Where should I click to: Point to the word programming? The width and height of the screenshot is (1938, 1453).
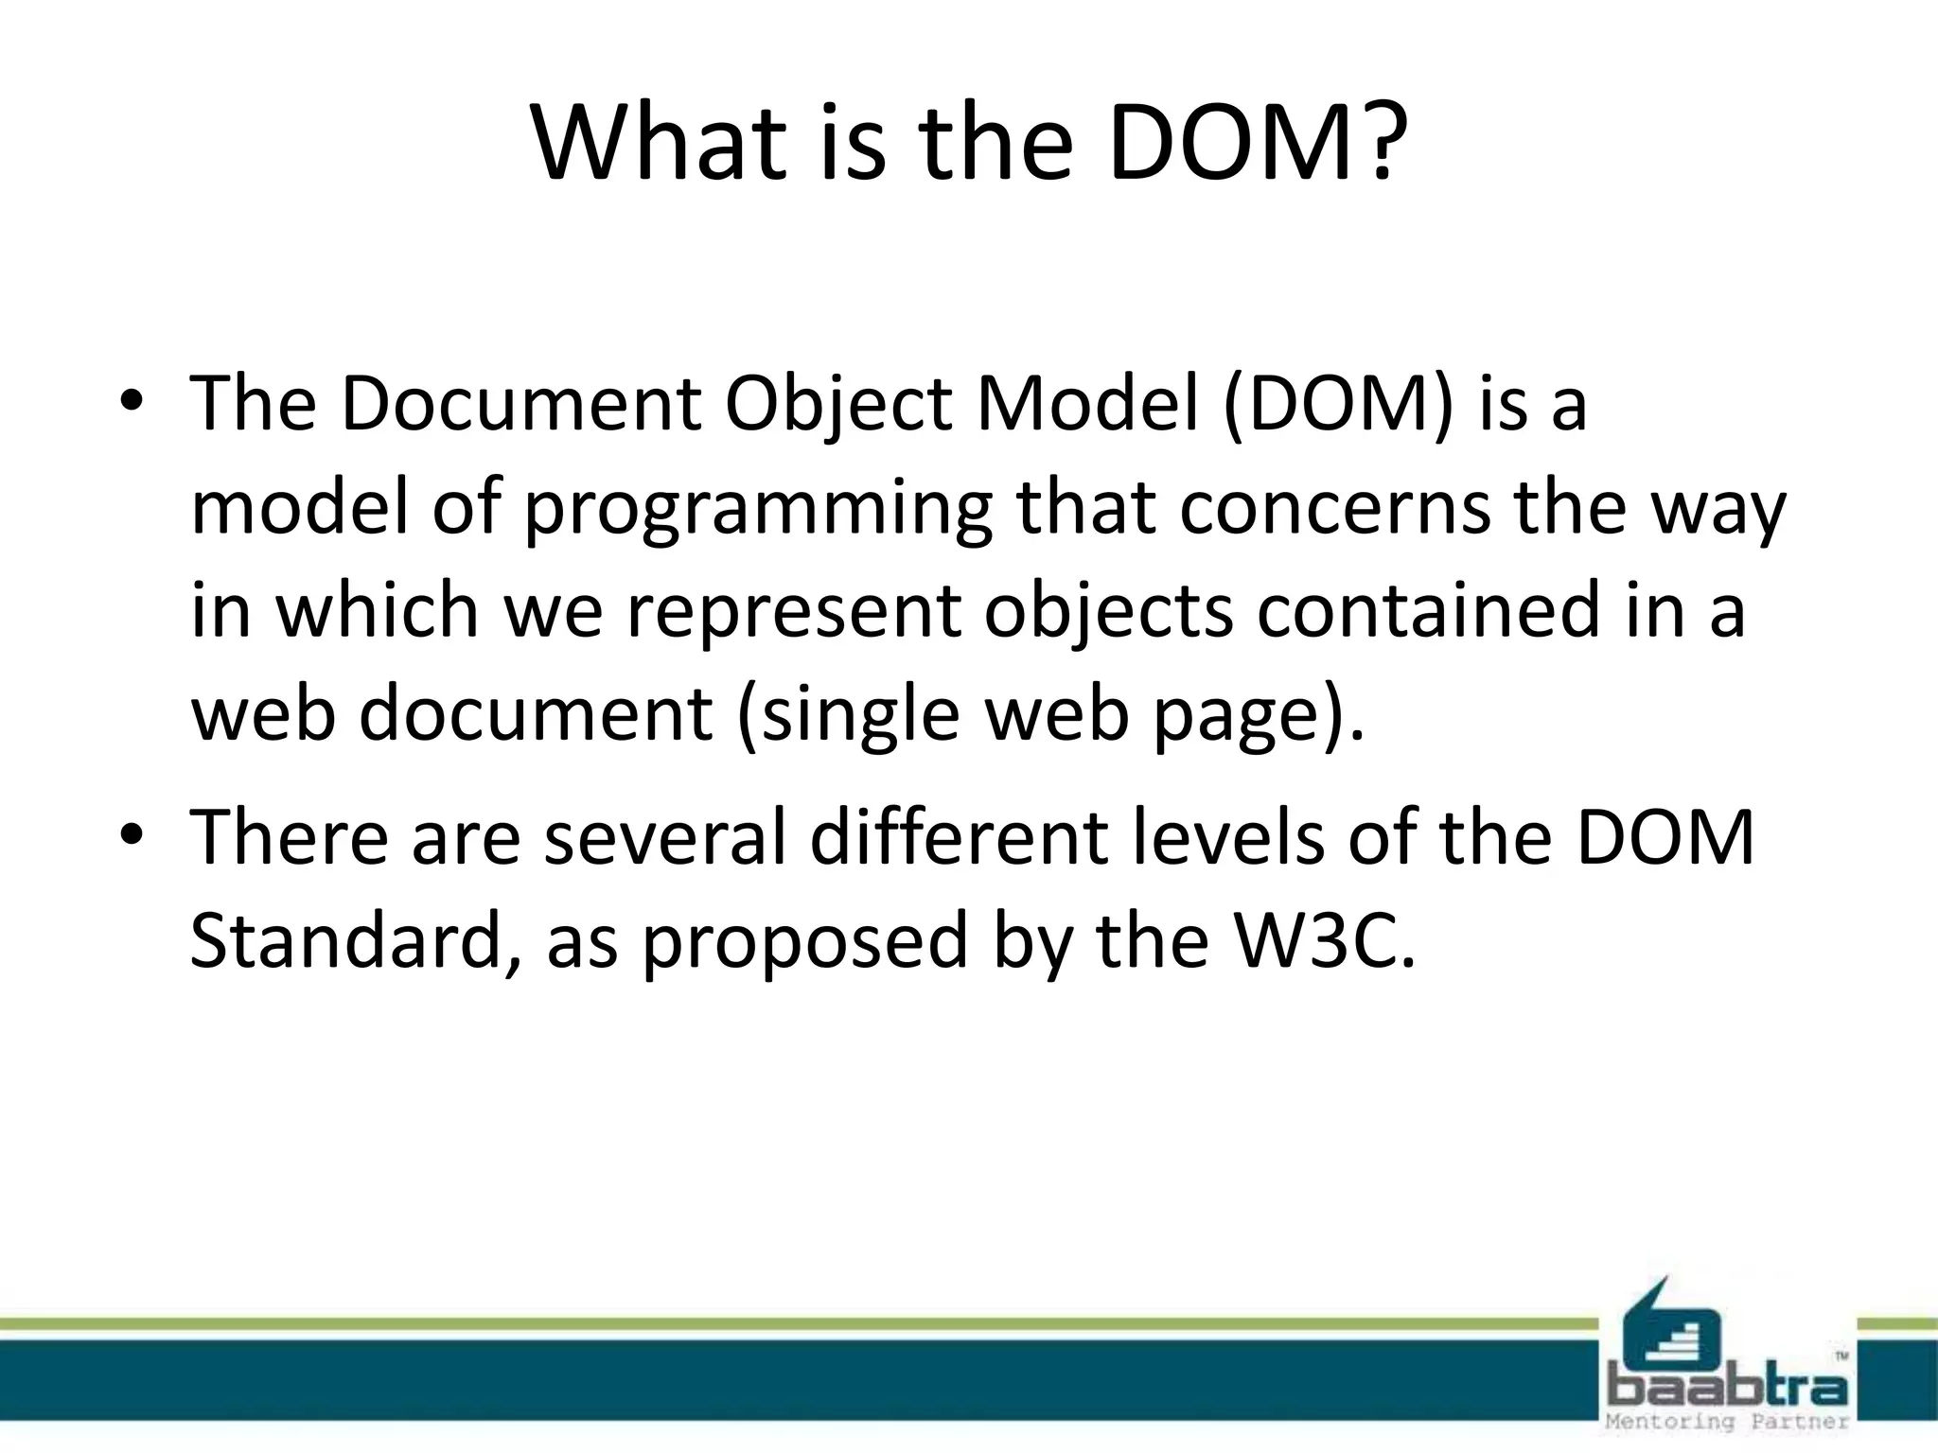[758, 511]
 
